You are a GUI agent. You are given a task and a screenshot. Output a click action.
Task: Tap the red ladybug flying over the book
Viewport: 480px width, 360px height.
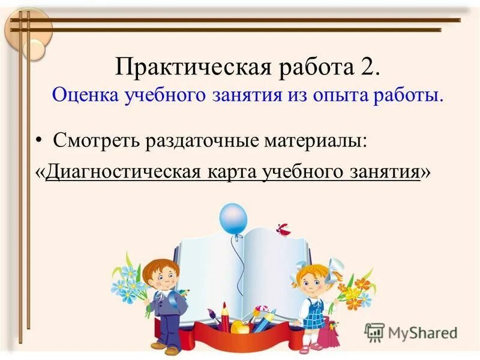283,229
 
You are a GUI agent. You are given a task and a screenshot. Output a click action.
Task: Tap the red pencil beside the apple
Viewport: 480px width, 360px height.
225,317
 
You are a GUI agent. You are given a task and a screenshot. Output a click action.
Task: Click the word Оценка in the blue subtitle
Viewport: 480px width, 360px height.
85,95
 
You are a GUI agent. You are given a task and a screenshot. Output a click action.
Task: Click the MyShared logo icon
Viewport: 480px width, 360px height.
374,331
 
